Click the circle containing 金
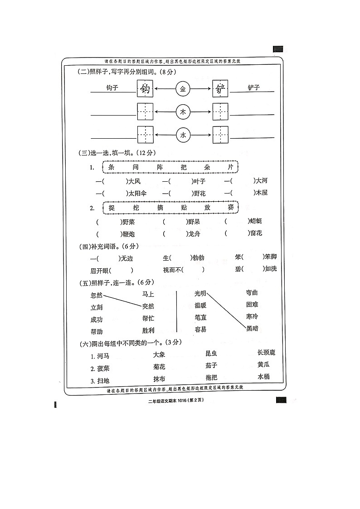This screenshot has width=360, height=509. click(183, 89)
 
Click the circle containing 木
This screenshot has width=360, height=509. click(183, 111)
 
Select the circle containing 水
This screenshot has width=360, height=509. click(183, 135)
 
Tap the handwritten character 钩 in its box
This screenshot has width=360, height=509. click(146, 89)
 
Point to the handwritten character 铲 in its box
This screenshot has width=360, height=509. click(221, 89)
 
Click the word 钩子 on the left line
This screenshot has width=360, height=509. click(112, 87)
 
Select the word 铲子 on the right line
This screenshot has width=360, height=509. click(254, 87)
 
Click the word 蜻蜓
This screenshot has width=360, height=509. click(256, 221)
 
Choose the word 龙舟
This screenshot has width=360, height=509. click(194, 234)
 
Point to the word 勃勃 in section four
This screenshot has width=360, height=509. click(198, 257)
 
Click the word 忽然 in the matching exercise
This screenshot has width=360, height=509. click(97, 295)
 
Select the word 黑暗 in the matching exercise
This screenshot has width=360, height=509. click(252, 329)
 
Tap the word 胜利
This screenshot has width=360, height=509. click(148, 330)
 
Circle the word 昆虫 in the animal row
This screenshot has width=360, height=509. click(211, 353)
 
